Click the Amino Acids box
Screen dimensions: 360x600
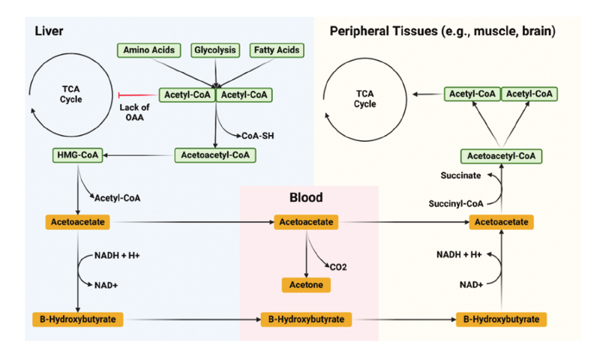148,50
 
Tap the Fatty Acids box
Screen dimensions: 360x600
276,50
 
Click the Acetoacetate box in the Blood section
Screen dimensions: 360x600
306,222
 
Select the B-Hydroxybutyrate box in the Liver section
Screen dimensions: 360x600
78,319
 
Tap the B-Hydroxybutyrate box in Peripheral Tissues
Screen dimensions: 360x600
501,319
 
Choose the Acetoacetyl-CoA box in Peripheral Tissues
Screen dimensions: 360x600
501,156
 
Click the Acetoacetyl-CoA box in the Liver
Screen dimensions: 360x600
215,155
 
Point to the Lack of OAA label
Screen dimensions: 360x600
135,111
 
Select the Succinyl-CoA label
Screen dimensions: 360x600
455,203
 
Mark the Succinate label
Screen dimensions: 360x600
459,174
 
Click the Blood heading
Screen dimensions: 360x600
306,198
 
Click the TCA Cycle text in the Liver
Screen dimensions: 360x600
71,94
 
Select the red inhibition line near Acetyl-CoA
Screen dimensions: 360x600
139,94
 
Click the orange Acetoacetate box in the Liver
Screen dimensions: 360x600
78,222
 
